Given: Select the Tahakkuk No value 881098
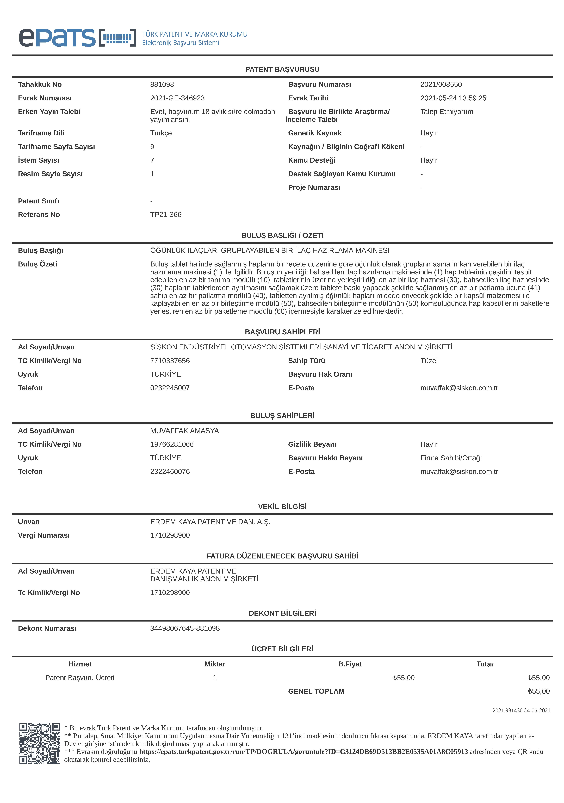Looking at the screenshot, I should coord(162,84).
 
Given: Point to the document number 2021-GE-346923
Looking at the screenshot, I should coord(177,98).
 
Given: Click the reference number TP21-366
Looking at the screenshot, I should coord(166,214).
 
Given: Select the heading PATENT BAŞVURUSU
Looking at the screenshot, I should coord(282,69).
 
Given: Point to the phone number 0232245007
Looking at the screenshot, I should coord(170,388).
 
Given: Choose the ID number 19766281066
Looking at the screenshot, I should coord(172,444).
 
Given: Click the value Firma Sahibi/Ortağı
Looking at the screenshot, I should coord(451,458).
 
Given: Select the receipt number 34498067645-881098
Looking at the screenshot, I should coord(185,628).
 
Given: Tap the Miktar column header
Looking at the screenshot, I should coord(215,664).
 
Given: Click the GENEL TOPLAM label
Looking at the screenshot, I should coord(316,691).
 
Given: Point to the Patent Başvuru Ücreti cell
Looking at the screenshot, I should coord(80,677).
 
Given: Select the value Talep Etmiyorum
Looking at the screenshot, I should coord(447,112).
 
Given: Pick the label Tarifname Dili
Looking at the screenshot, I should coord(41,133).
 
